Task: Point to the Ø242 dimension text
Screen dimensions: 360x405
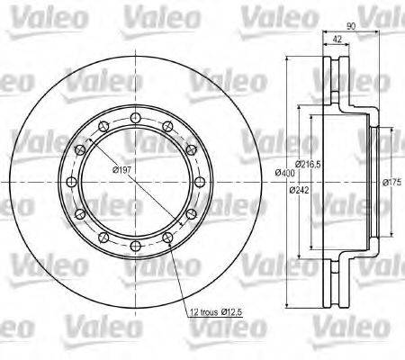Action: (x=300, y=190)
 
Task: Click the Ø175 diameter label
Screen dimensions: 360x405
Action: (x=391, y=183)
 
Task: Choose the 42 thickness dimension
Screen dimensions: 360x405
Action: (x=336, y=40)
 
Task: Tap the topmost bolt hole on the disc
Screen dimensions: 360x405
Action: (x=135, y=116)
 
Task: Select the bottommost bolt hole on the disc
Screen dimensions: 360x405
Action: (x=135, y=246)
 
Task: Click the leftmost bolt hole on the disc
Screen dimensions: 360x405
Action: (x=70, y=181)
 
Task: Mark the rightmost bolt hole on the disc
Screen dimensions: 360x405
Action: (x=200, y=181)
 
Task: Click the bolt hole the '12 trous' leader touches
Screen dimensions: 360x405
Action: (x=167, y=237)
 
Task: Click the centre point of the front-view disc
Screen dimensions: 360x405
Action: (x=135, y=181)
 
